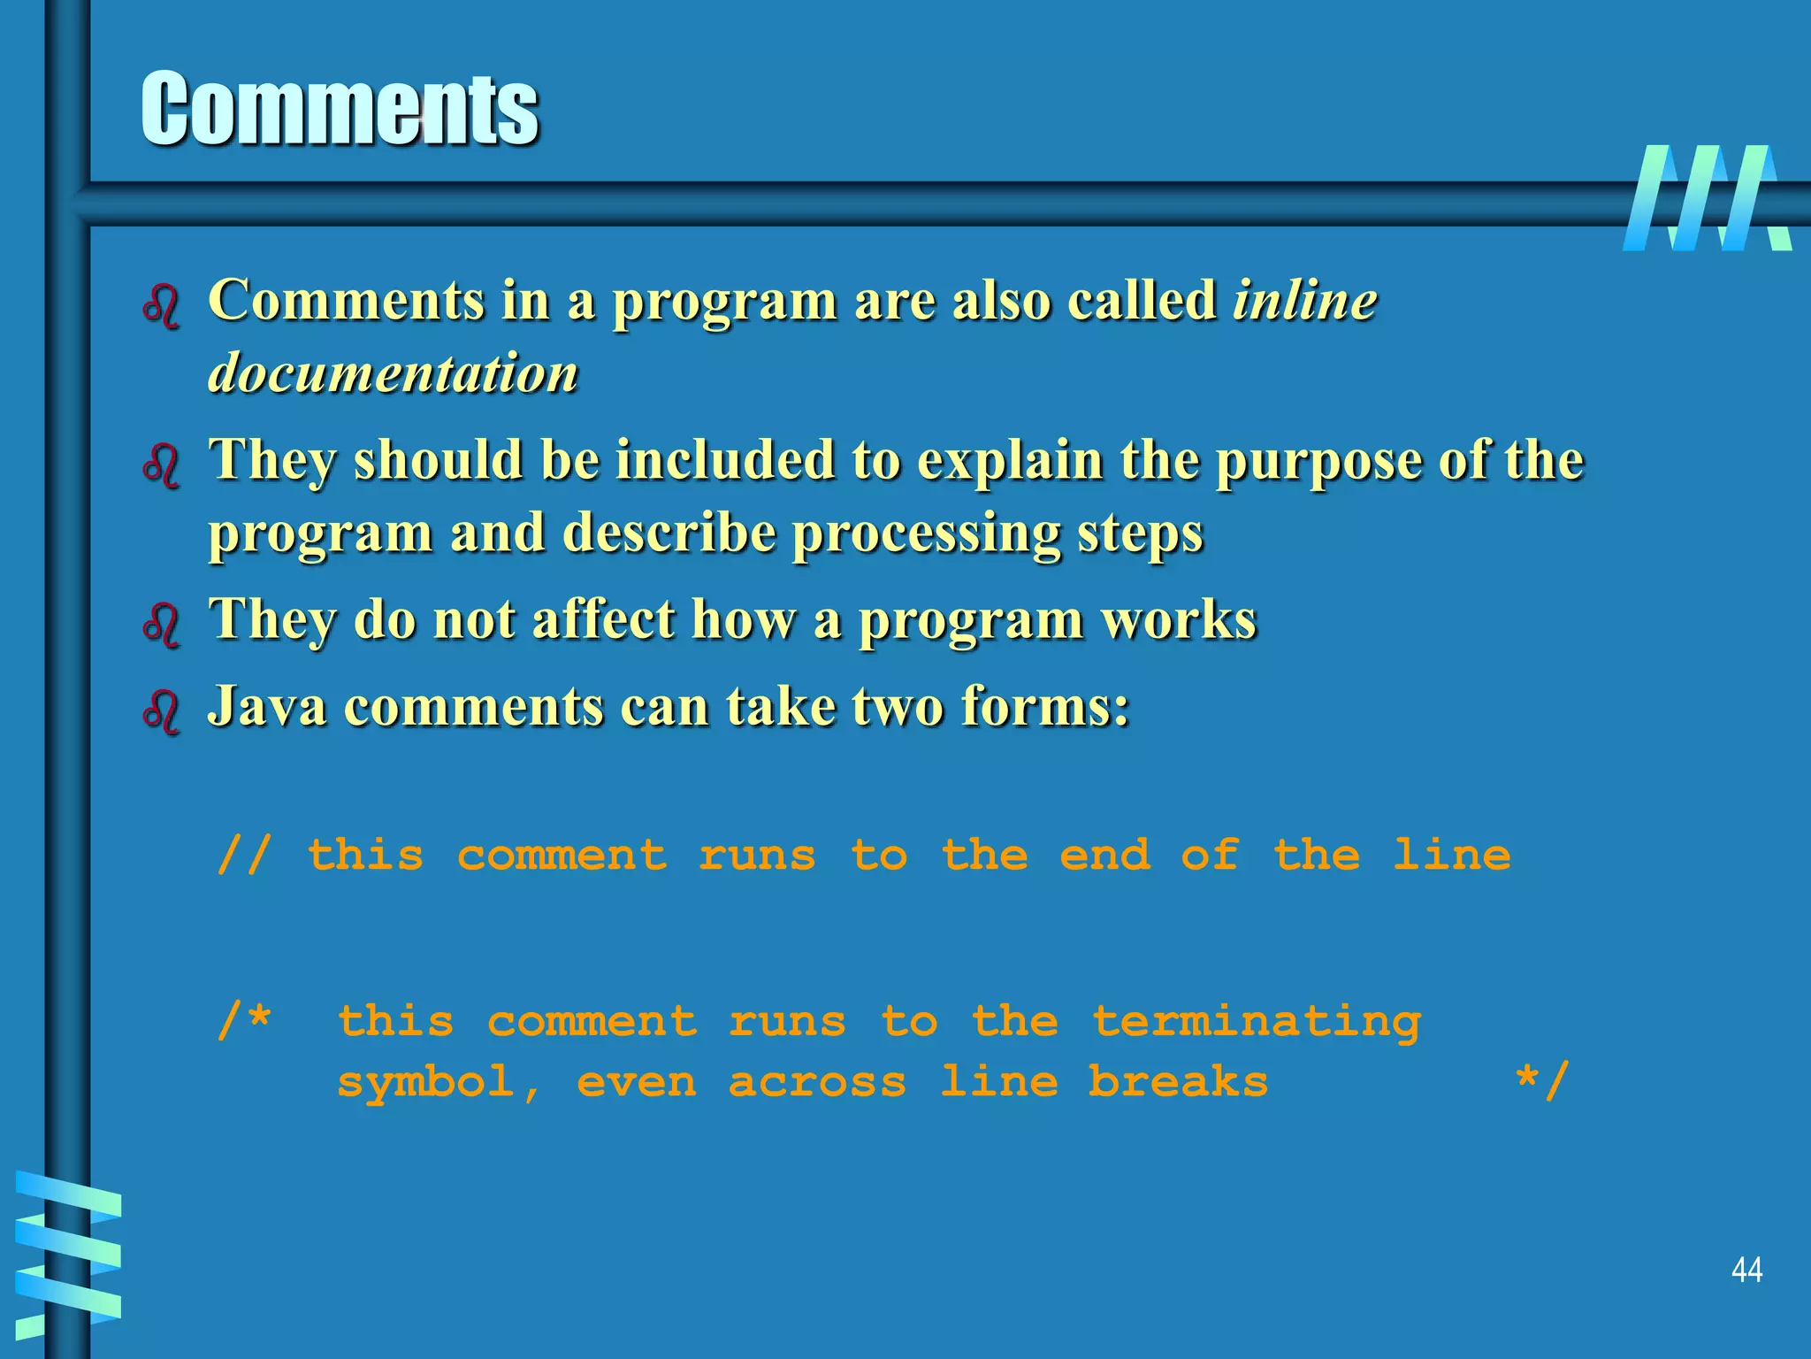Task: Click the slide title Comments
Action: [x=340, y=108]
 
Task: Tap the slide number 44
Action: [x=1746, y=1270]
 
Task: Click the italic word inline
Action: [x=1305, y=301]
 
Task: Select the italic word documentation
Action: [x=394, y=372]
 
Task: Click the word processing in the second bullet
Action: [x=926, y=534]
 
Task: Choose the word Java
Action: [x=267, y=706]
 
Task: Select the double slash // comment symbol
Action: [x=244, y=856]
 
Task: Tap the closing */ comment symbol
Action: [x=1542, y=1080]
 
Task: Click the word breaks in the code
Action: [x=1178, y=1081]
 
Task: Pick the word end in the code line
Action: [x=1105, y=856]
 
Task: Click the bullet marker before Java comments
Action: [x=162, y=710]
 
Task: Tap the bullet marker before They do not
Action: [x=162, y=624]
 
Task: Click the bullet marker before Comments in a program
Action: [x=162, y=306]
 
